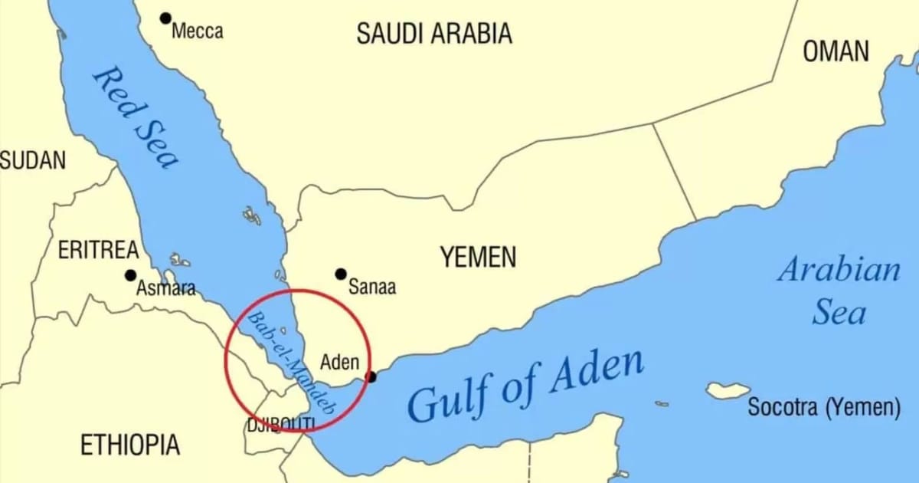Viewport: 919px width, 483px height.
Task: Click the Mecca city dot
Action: pos(165,18)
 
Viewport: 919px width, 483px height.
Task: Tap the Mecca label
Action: pos(198,31)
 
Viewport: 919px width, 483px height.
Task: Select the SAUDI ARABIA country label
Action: pos(434,33)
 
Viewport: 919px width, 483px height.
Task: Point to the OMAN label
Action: pos(836,51)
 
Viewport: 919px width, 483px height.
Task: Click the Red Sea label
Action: pos(135,117)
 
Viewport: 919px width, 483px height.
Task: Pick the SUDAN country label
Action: pos(32,161)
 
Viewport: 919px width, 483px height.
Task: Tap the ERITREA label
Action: pos(99,250)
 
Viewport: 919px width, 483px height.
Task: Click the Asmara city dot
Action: pos(131,275)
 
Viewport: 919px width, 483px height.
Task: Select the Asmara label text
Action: pos(165,289)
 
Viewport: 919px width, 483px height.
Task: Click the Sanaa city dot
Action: pos(341,274)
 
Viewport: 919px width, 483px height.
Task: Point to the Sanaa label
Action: pos(372,287)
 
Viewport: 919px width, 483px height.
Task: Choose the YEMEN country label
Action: pos(478,258)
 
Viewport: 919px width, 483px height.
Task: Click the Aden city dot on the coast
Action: pos(372,377)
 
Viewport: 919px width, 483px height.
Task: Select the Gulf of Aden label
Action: pos(525,386)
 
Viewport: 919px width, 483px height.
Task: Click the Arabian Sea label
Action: pos(839,291)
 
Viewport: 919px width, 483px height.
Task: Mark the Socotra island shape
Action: pos(728,390)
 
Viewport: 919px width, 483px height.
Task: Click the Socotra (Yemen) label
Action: pos(824,408)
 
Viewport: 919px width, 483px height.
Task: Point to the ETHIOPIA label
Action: pos(130,444)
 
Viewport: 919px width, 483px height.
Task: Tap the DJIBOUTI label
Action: pos(280,424)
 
